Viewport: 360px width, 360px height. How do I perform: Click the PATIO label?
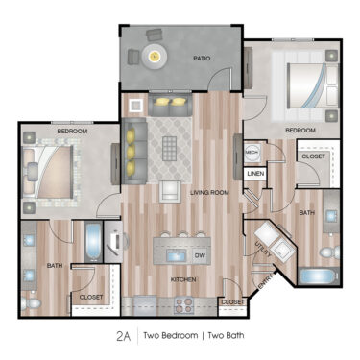coord(201,59)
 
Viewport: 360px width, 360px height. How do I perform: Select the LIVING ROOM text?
coord(210,193)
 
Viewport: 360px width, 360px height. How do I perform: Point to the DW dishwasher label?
coord(200,255)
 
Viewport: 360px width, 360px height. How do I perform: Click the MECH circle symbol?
coord(252,153)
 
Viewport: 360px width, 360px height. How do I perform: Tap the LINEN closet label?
coord(254,174)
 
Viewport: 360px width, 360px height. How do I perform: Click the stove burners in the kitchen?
coord(182,306)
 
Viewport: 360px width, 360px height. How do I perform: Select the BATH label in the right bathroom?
coord(306,211)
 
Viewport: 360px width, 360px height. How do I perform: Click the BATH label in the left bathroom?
coord(54,265)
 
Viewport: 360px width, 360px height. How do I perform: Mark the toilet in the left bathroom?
coord(31,303)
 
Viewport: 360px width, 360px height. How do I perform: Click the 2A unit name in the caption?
coord(122,335)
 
